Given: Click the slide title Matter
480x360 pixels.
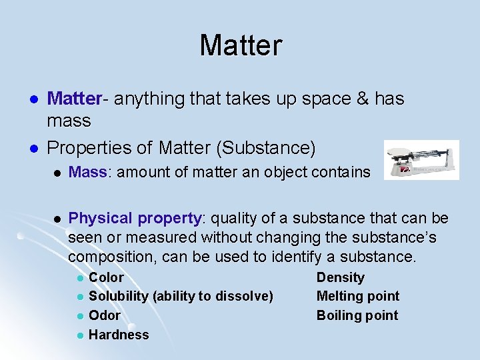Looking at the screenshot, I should coord(241,46).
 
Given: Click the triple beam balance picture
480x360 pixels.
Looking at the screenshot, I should coord(421,160).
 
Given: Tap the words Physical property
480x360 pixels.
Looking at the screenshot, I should coord(135,219).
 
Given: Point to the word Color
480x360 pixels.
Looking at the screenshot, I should coord(106,277).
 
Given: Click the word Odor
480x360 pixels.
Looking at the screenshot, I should coord(105,315).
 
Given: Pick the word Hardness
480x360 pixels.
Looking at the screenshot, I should coord(119,335).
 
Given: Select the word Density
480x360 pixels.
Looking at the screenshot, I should coord(340,277).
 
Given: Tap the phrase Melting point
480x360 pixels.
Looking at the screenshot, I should coord(357,296).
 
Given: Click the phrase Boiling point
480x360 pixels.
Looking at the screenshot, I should coord(357,315).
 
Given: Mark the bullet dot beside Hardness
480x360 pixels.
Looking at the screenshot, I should coord(79,335).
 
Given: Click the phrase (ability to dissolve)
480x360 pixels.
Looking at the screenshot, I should coord(213,296).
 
